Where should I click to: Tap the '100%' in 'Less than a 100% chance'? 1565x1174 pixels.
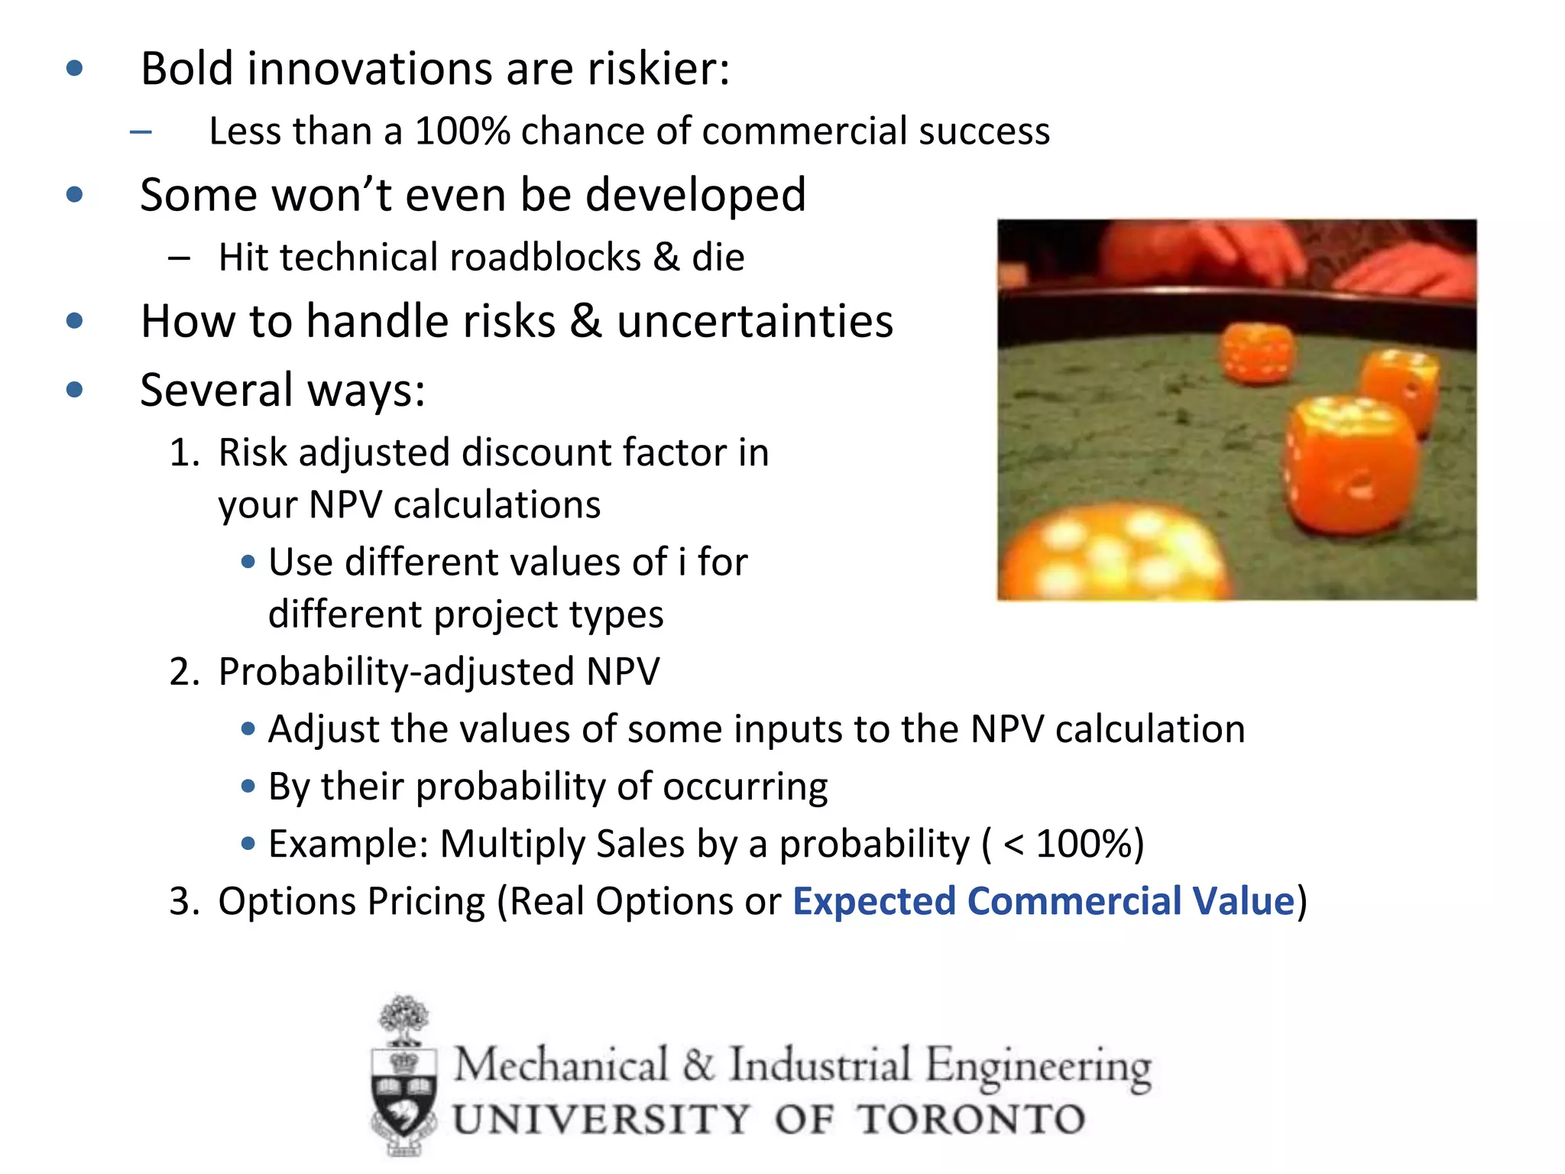(462, 131)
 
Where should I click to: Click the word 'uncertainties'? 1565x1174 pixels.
(755, 321)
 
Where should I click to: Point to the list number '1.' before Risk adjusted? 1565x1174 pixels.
(184, 452)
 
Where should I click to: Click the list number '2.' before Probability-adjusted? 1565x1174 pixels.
(184, 672)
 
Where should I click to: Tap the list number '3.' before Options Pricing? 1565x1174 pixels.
(184, 901)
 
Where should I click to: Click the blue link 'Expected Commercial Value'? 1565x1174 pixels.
(1043, 901)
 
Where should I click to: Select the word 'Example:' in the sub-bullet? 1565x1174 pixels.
(348, 844)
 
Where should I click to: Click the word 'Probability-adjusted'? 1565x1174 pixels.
(396, 672)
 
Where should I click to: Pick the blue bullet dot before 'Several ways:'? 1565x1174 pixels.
(74, 390)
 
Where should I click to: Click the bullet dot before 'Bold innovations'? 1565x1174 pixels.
(74, 69)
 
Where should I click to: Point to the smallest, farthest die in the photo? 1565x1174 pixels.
(1257, 352)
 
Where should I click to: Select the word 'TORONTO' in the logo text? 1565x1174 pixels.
(970, 1120)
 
